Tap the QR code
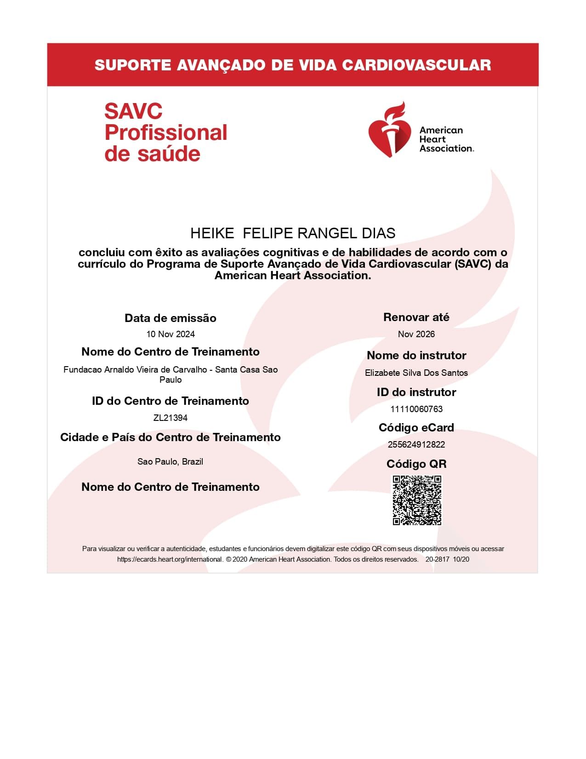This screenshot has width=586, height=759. point(417,500)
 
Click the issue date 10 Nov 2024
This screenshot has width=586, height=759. point(171,334)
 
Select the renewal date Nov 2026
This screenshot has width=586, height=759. point(416,334)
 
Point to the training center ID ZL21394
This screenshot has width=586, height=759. point(171,418)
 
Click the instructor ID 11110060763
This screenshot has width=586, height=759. point(416,409)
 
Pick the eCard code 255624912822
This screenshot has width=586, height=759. point(416,444)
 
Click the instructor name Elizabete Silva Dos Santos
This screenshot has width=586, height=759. point(416,373)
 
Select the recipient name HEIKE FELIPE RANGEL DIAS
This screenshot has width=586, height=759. point(293,233)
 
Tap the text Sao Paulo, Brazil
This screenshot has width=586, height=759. point(171,461)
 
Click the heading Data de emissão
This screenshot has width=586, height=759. point(171,318)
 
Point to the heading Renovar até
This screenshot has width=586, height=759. point(416,317)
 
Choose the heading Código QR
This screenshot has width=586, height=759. point(416,464)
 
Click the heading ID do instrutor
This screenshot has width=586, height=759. point(416,392)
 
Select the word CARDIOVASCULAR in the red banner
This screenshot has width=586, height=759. point(416,65)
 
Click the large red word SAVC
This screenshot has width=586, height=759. point(133,111)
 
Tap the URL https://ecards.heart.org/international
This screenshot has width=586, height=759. point(170,559)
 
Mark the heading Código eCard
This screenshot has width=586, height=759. point(416,427)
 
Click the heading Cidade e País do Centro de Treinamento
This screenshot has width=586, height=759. point(171,437)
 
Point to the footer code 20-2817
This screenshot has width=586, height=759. point(437,559)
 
